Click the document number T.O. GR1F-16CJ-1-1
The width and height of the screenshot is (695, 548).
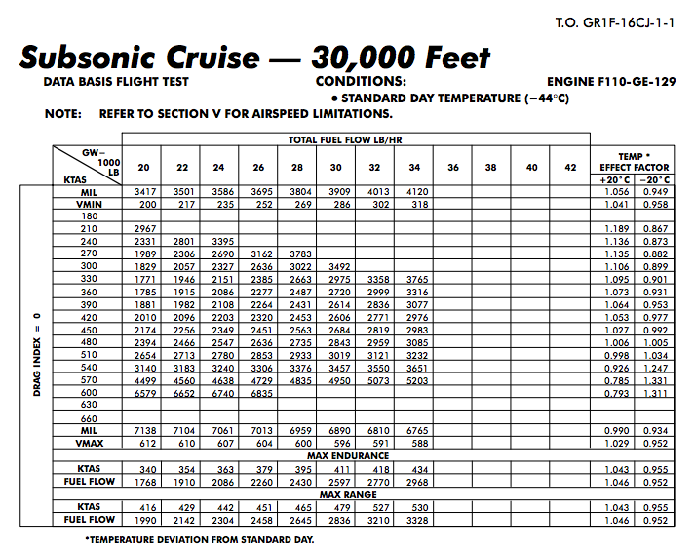[x=614, y=20]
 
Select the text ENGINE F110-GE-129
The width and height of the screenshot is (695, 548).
[x=611, y=82]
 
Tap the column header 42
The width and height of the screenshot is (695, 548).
[x=570, y=167]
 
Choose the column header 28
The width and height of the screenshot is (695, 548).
[x=296, y=167]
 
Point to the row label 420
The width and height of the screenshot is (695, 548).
[x=89, y=317]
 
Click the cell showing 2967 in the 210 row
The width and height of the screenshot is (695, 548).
[x=143, y=228]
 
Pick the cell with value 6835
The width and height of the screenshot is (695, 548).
[x=258, y=393]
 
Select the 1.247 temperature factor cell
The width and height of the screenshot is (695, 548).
[x=653, y=368]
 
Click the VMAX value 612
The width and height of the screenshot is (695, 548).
[x=144, y=443]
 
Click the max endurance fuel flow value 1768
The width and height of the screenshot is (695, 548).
[x=144, y=481]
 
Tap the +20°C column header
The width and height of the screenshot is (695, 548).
[x=615, y=178]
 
